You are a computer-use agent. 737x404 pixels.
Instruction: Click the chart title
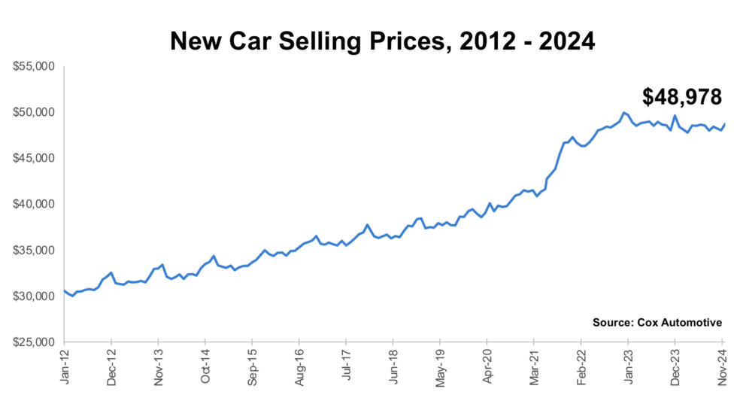click(383, 41)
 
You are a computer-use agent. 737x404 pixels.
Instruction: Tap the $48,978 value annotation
click(682, 96)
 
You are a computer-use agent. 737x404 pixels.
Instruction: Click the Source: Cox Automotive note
click(657, 322)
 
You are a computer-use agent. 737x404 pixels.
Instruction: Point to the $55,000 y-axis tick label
click(34, 66)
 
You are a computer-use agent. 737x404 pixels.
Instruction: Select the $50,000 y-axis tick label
click(34, 112)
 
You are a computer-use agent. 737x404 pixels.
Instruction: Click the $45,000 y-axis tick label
click(34, 158)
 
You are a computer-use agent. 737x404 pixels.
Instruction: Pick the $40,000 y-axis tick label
click(34, 204)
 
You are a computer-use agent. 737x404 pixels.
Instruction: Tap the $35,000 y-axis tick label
click(34, 250)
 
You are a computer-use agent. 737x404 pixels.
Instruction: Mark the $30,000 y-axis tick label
click(34, 296)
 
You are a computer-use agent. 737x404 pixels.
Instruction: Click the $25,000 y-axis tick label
click(34, 342)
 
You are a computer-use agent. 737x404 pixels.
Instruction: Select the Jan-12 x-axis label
click(65, 366)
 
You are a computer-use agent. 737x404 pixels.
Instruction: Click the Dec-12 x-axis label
click(111, 366)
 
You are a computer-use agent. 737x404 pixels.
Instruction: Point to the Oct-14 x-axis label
click(205, 366)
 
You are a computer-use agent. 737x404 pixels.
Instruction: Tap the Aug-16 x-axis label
click(299, 366)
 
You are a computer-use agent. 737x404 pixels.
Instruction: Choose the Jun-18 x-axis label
click(393, 366)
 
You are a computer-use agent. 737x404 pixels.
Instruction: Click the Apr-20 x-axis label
click(487, 366)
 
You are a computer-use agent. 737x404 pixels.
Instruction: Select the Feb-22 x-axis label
click(581, 366)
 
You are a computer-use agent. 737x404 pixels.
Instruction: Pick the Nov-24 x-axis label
click(721, 366)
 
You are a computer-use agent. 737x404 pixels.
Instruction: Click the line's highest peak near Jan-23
click(623, 113)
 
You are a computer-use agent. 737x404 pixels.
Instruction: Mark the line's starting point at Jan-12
click(65, 290)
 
